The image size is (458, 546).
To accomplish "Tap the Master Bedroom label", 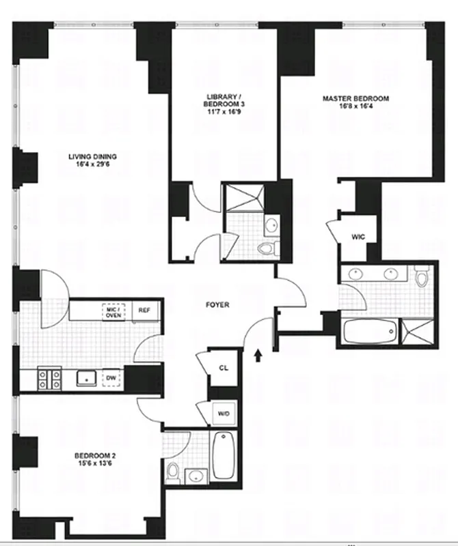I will coord(355,98).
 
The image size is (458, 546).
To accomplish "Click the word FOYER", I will coord(217,305).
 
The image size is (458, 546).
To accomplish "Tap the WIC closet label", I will coord(358,237).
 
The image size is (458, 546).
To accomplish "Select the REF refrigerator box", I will coord(144,310).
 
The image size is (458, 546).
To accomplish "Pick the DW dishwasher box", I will coord(110,377).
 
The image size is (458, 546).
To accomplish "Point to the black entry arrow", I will coord(258,354).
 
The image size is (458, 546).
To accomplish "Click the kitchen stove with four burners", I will coord(49,378).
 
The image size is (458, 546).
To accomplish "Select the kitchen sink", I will coord(86,377).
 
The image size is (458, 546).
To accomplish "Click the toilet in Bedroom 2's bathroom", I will coord(174,471).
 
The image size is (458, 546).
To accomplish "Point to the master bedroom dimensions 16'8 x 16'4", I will coord(355,106).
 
